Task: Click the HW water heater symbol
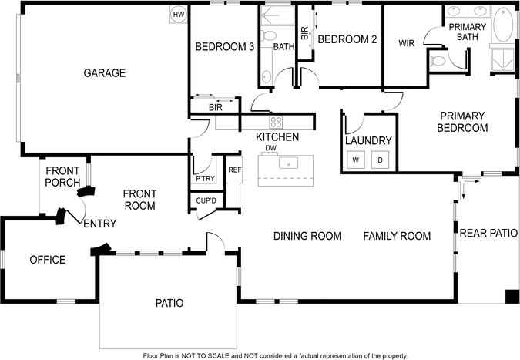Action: click(x=179, y=15)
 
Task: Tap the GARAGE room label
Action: click(x=105, y=73)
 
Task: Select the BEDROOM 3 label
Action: click(x=224, y=46)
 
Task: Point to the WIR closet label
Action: click(x=407, y=44)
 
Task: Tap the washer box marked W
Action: click(x=356, y=160)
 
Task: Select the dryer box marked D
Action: click(x=381, y=160)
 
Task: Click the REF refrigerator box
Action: click(x=234, y=170)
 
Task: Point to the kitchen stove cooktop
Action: click(x=275, y=122)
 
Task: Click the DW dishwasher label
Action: click(x=270, y=148)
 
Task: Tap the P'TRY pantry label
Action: click(x=204, y=179)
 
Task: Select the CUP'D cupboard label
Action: click(x=206, y=201)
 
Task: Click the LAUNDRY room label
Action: click(x=369, y=141)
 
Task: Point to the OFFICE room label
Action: click(x=48, y=260)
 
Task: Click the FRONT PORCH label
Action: click(x=63, y=177)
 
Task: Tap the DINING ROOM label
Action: click(x=307, y=236)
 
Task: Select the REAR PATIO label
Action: click(x=488, y=232)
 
